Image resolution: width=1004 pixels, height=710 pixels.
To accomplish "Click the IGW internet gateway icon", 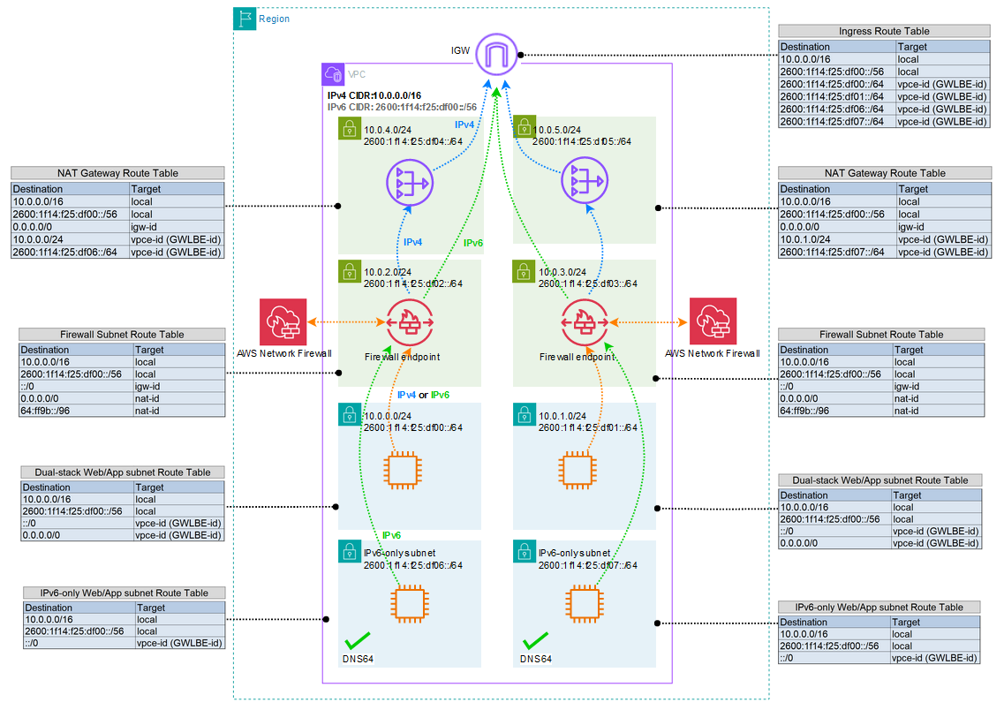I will tap(495, 55).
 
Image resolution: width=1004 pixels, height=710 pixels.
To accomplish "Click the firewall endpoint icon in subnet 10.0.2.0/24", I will tap(408, 324).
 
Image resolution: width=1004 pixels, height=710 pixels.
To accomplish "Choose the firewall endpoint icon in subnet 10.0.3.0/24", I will tap(583, 324).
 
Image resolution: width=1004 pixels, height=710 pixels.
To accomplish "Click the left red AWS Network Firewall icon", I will tap(283, 322).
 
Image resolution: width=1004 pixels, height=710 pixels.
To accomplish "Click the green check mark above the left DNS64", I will tap(358, 640).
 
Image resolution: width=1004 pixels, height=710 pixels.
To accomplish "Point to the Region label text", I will tap(274, 19).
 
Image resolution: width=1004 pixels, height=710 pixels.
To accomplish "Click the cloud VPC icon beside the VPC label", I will tap(333, 73).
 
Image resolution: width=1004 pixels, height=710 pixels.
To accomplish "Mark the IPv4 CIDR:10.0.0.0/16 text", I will tap(374, 95).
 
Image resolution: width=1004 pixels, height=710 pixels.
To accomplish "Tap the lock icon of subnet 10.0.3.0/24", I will tap(524, 270).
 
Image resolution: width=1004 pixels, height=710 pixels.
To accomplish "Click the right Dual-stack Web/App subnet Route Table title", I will tap(880, 480).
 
